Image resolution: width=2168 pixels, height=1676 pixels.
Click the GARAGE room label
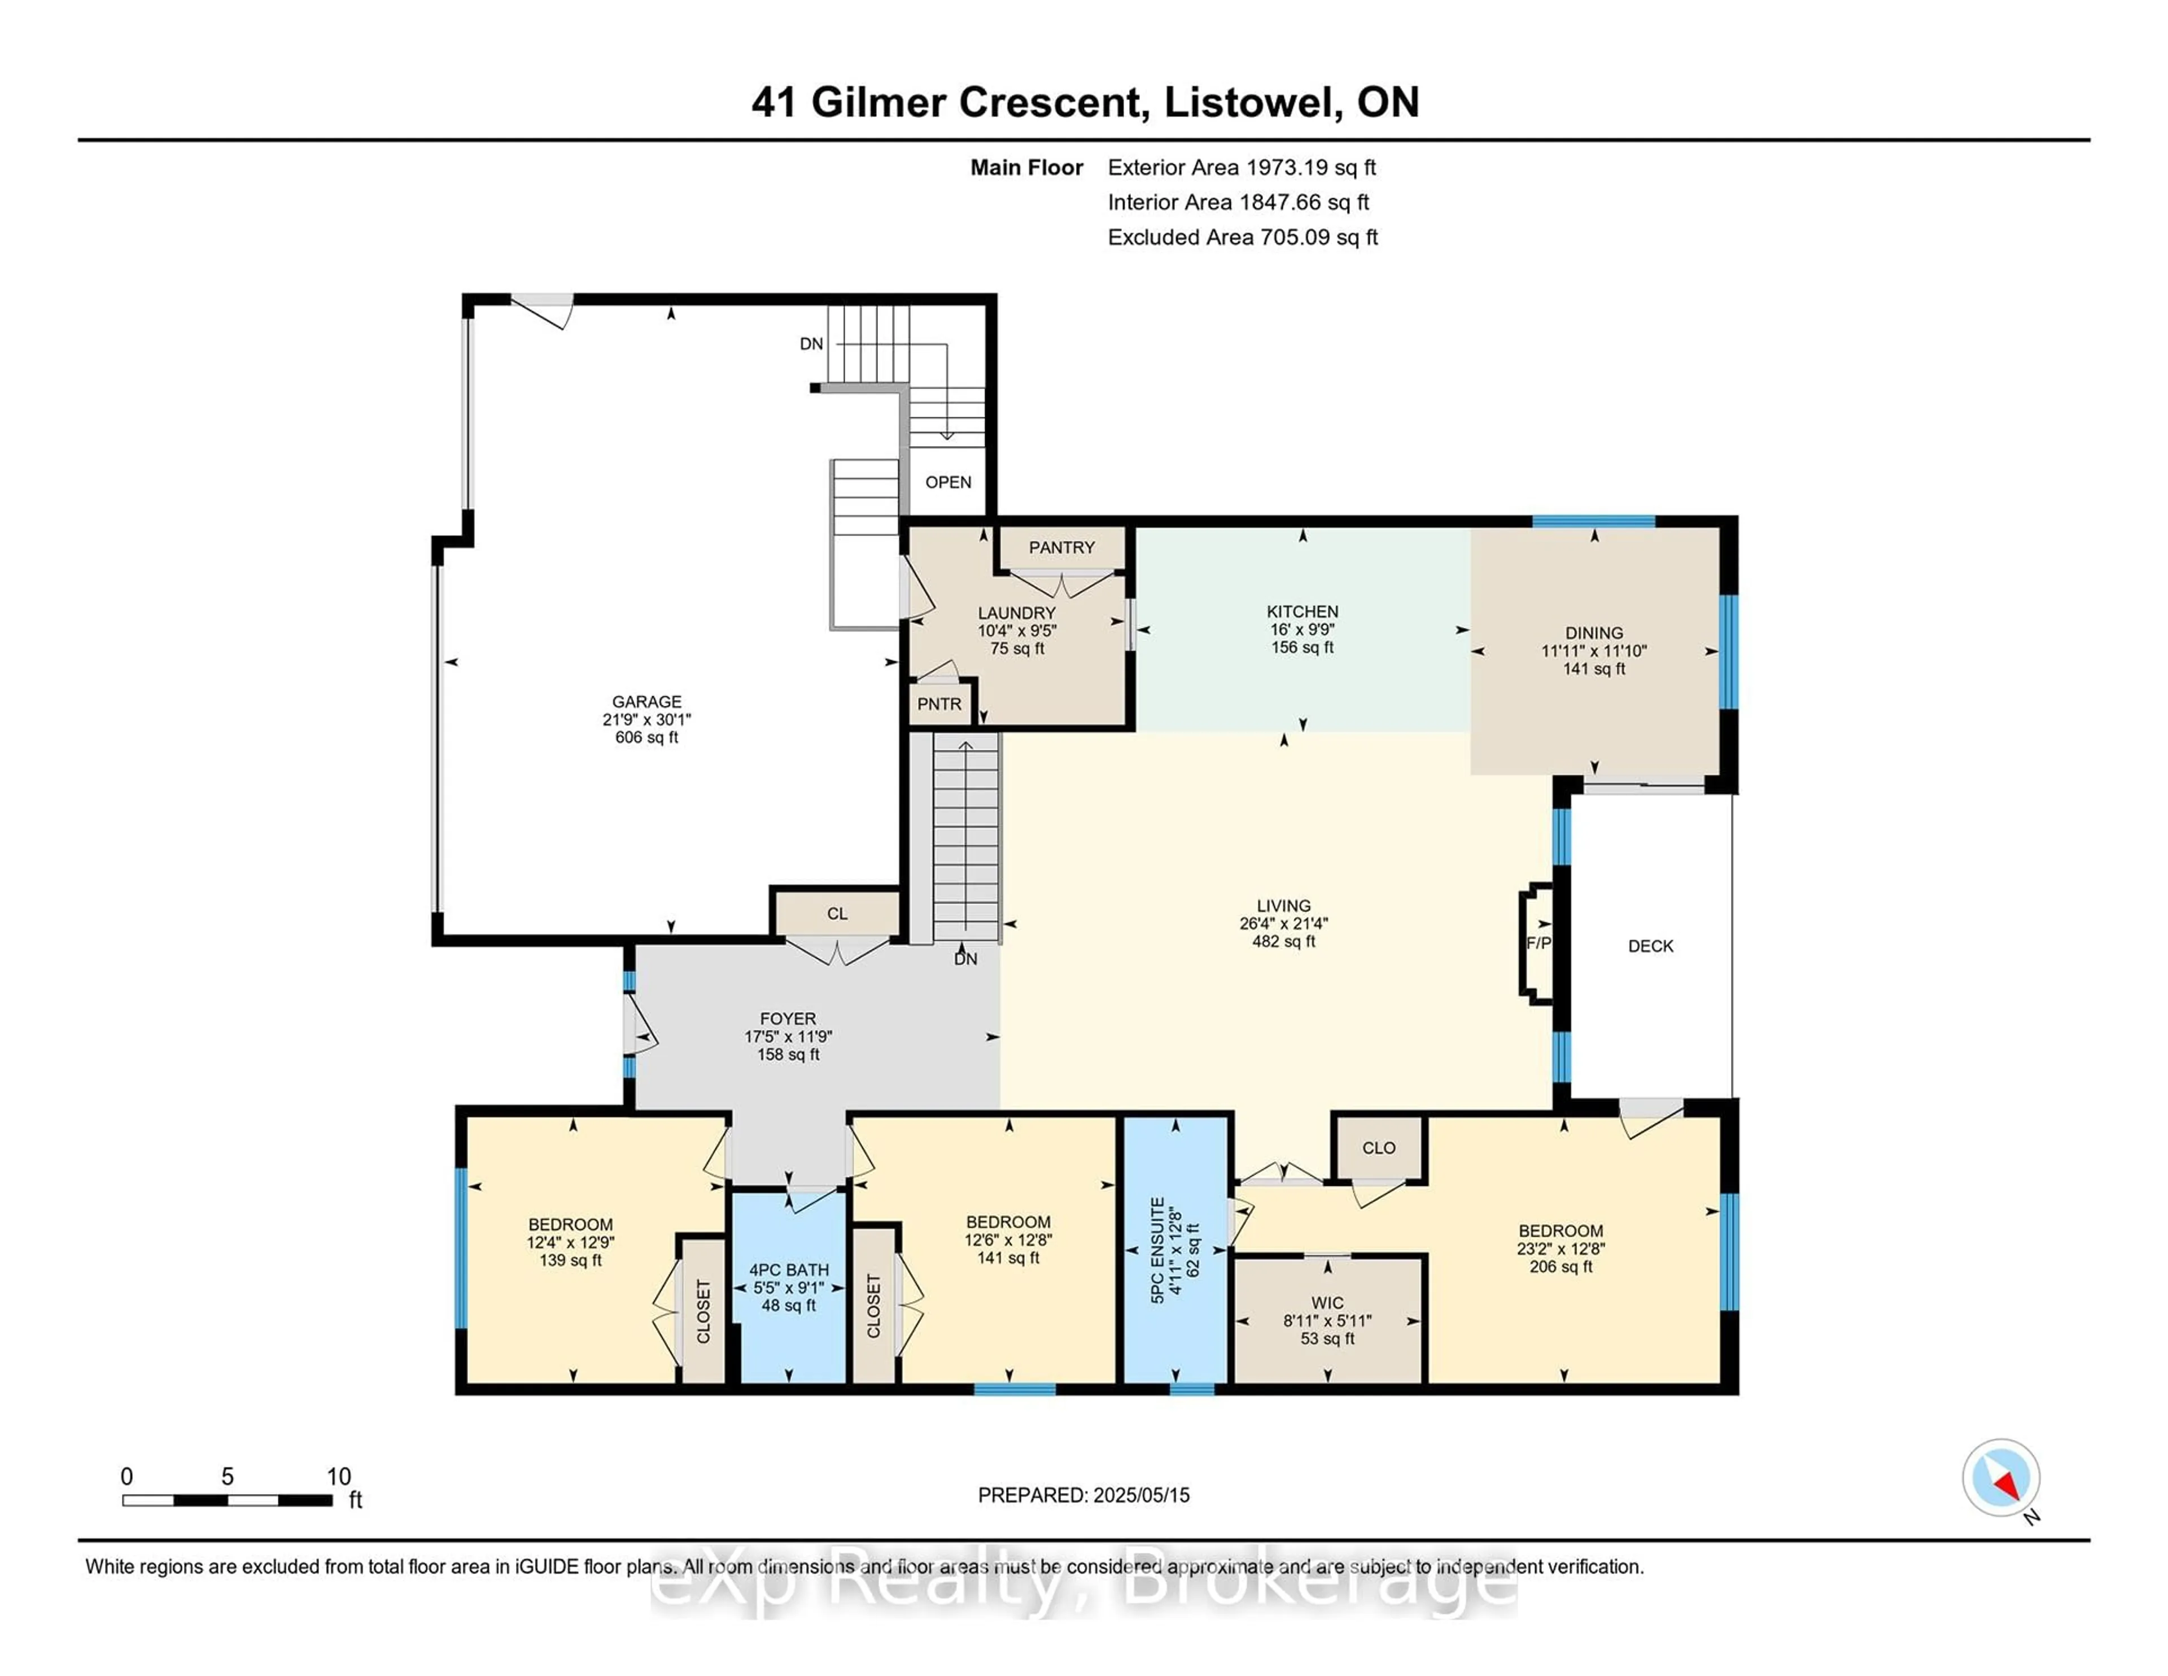click(x=646, y=701)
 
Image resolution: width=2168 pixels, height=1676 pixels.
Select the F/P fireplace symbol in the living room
click(x=1538, y=943)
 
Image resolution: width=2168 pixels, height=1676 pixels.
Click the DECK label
click(x=1650, y=946)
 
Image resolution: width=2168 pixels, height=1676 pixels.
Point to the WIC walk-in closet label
click(x=1327, y=1303)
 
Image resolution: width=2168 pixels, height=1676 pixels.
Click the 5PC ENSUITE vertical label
click(x=1157, y=1250)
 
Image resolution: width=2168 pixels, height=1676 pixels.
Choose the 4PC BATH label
click(x=788, y=1270)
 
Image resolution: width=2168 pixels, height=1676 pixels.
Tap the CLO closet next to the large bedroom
click(x=1378, y=1148)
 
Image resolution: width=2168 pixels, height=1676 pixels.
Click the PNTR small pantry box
click(x=939, y=704)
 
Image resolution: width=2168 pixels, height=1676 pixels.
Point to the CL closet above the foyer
click(x=837, y=914)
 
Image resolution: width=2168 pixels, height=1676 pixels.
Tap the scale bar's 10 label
click(x=339, y=1477)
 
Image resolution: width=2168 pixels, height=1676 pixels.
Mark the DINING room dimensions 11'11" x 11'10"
click(x=1593, y=651)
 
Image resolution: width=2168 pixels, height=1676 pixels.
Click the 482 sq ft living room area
click(x=1283, y=941)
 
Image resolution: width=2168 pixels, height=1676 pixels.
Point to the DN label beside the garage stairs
click(x=811, y=343)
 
